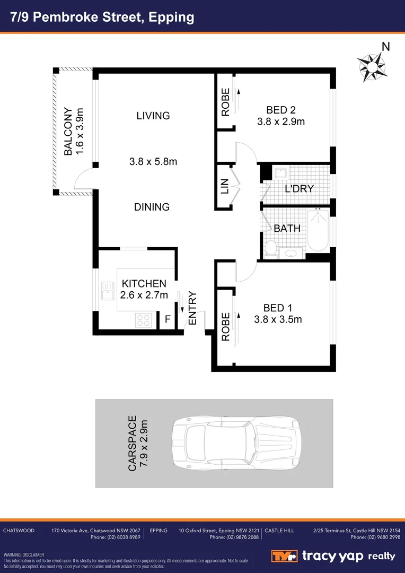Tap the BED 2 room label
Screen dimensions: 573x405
tap(281, 110)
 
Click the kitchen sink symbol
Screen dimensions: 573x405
tap(108, 291)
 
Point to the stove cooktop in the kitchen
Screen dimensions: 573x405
tap(144, 319)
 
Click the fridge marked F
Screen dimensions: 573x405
tap(168, 319)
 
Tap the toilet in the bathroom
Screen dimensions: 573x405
tap(271, 248)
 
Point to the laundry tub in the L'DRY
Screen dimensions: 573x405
tap(280, 173)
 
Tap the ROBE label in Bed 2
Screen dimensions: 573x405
tap(225, 102)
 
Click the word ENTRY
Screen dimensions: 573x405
tap(192, 308)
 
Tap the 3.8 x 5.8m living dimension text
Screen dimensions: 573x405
tap(153, 162)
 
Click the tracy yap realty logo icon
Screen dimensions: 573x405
tap(284, 556)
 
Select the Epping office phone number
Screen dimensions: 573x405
tap(234, 537)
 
